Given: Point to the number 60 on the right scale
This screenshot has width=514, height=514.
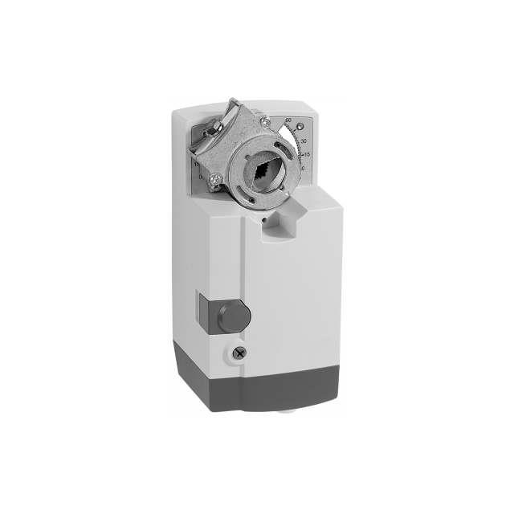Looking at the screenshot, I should click(x=288, y=120).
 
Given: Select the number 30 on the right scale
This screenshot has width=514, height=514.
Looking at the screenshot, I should click(x=303, y=139).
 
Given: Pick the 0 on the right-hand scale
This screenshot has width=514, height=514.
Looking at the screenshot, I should click(x=301, y=168).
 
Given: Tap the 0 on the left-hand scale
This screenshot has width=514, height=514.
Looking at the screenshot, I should click(x=201, y=175).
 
